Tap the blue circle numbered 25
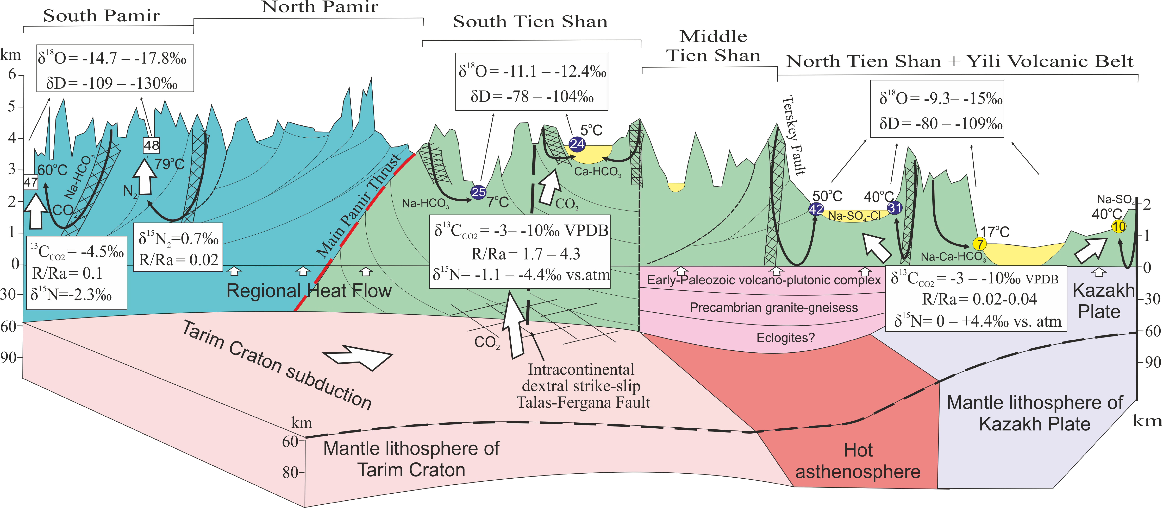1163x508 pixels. point(478,192)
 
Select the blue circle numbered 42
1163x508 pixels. point(816,209)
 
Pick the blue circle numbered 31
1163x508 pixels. point(894,207)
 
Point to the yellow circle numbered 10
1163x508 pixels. point(1118,226)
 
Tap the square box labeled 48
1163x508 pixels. point(151,145)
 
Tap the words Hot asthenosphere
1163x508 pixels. point(858,461)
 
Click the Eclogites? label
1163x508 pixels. point(786,338)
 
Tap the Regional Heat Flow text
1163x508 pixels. point(309,291)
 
